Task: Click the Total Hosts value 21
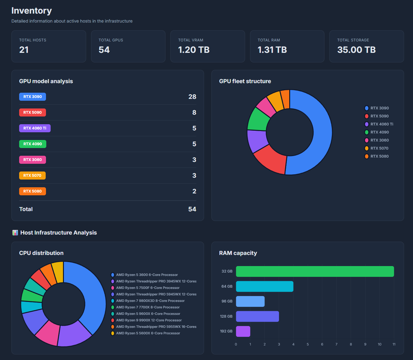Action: click(x=24, y=50)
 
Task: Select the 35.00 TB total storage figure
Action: click(x=356, y=50)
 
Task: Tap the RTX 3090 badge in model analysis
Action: click(x=32, y=97)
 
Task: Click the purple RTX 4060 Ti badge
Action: click(x=35, y=128)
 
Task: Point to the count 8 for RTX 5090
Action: click(x=194, y=112)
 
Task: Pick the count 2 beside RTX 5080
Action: click(x=194, y=191)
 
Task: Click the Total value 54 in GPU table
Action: click(x=192, y=209)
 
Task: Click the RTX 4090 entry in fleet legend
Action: click(x=379, y=132)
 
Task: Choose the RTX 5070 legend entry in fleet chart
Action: click(x=379, y=148)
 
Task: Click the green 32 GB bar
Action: click(x=315, y=271)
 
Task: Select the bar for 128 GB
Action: click(x=257, y=316)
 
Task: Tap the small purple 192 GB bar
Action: click(x=243, y=331)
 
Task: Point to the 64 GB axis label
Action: click(x=227, y=286)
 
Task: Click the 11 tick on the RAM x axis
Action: click(x=394, y=344)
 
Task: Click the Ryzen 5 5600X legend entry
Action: click(x=148, y=333)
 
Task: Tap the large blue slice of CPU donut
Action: click(x=93, y=297)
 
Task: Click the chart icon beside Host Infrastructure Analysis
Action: click(x=15, y=233)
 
